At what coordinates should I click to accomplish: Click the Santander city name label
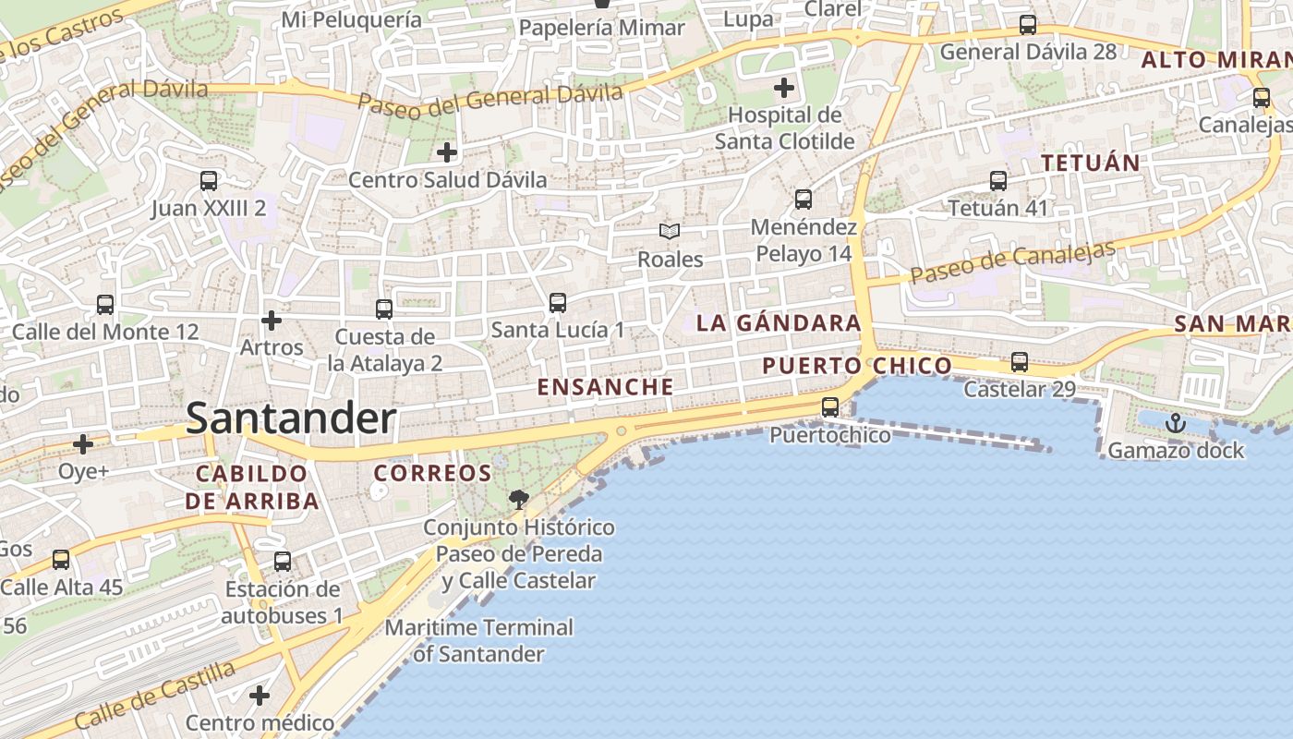point(291,418)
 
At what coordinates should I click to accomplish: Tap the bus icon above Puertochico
point(830,407)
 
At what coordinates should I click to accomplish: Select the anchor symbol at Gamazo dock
point(1176,424)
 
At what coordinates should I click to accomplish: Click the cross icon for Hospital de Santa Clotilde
point(784,89)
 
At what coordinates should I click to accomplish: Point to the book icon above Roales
point(670,232)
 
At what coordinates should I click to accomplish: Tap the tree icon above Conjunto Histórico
point(519,500)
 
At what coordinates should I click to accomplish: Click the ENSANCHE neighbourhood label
point(605,387)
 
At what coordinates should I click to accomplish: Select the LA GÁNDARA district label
point(779,323)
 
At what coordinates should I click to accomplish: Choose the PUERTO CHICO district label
point(856,366)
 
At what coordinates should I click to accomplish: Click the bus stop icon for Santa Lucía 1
point(557,303)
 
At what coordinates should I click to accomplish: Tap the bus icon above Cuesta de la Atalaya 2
point(384,309)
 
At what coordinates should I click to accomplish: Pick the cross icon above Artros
point(272,321)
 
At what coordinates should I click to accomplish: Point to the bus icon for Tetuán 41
point(998,181)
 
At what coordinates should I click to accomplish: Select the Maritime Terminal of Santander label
point(478,640)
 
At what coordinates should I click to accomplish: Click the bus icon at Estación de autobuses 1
point(283,562)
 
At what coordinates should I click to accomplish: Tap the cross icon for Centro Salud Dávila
point(447,151)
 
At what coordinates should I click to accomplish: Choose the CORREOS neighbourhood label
point(432,473)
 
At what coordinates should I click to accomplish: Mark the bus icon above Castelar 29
point(1020,362)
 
